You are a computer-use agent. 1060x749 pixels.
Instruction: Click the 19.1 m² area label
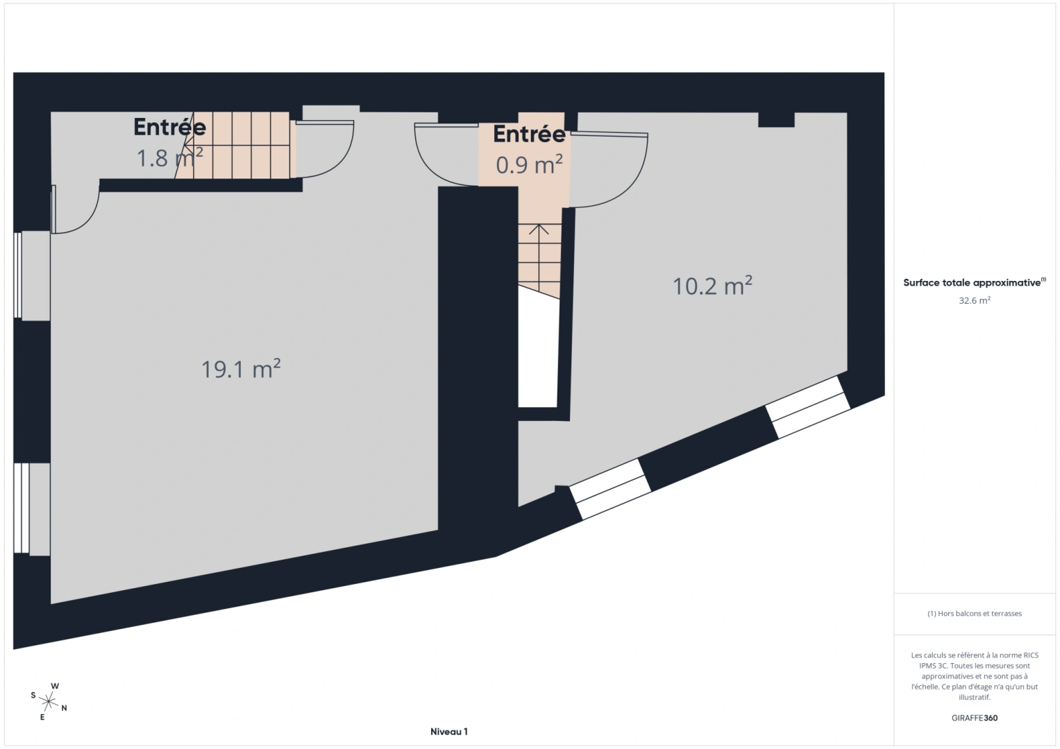click(x=241, y=368)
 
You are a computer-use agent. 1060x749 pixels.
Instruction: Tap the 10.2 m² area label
click(x=712, y=286)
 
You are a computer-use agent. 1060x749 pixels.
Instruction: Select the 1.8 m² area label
click(x=170, y=157)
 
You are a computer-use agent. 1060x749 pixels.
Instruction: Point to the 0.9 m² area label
click(x=529, y=164)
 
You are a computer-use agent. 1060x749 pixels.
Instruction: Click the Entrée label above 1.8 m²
click(x=170, y=127)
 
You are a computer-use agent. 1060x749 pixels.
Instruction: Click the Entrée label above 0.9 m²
click(x=529, y=134)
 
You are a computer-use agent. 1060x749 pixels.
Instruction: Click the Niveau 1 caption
click(x=448, y=732)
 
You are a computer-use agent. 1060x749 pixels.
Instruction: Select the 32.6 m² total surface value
click(x=975, y=300)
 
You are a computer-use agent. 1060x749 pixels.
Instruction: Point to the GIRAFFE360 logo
click(x=975, y=718)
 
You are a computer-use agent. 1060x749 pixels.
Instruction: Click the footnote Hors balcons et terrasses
click(x=975, y=613)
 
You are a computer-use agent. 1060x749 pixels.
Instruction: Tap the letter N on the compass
click(x=65, y=708)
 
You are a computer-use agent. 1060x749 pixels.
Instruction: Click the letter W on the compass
click(x=55, y=686)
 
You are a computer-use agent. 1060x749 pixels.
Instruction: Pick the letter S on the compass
click(x=33, y=695)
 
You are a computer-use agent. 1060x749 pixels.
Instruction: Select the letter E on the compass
click(x=42, y=717)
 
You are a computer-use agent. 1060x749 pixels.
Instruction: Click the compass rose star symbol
click(x=49, y=702)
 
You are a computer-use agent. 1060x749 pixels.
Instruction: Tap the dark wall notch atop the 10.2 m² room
click(x=776, y=119)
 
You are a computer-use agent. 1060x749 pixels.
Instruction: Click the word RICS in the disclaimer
click(x=1031, y=655)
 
